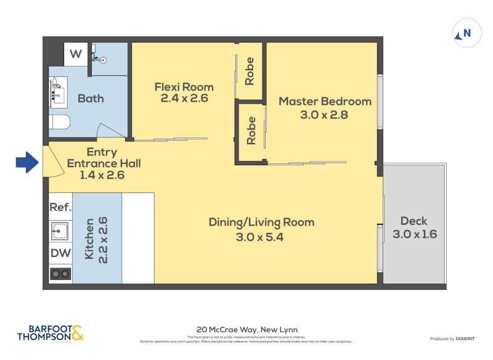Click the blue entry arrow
click(x=26, y=163)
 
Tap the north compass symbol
click(x=467, y=33)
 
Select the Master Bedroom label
click(x=325, y=101)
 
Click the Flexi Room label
click(x=184, y=87)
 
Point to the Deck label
click(x=414, y=221)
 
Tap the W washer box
click(x=75, y=54)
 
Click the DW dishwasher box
click(x=60, y=252)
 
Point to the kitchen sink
click(x=60, y=231)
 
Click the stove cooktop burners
click(x=60, y=273)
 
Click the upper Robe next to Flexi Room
click(x=250, y=71)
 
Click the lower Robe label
click(x=251, y=131)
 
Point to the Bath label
click(x=91, y=98)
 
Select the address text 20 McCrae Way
click(x=246, y=330)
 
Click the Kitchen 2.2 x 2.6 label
click(x=97, y=238)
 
